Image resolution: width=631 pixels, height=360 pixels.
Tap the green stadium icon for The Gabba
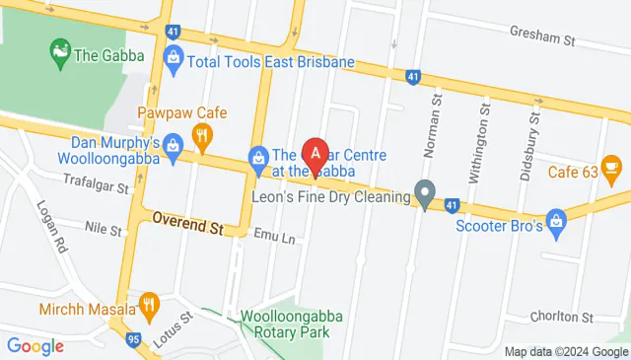tap(60, 49)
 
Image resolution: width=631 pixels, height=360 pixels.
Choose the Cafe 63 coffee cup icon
tap(610, 170)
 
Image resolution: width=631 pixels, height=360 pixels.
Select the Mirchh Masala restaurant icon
tap(149, 306)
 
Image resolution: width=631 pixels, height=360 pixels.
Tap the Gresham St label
tap(541, 37)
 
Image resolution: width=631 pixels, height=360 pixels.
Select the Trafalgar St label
tap(97, 184)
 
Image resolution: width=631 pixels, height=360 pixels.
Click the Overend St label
tap(187, 226)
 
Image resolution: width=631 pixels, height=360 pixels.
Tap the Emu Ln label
tap(274, 236)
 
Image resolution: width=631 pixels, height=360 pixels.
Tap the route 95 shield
tap(132, 340)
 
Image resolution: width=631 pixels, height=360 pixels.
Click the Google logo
tap(35, 345)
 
